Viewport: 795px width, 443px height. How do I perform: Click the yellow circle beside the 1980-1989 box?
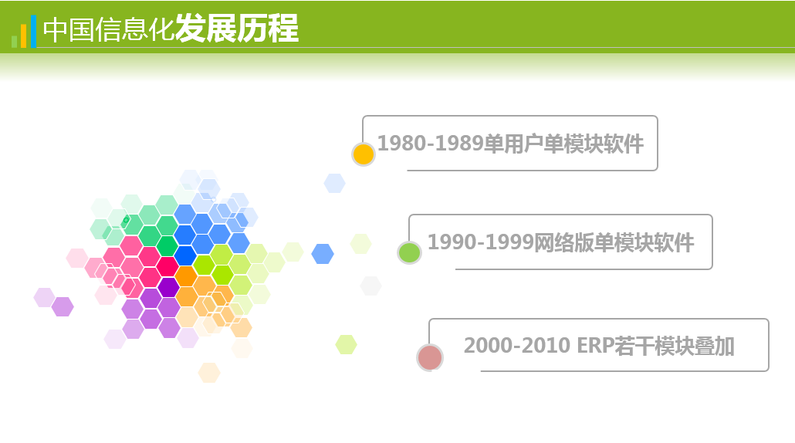pyautogui.click(x=363, y=154)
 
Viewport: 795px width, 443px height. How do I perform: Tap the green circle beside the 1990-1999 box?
pyautogui.click(x=409, y=252)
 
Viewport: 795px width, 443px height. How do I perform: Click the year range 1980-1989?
pyautogui.click(x=431, y=144)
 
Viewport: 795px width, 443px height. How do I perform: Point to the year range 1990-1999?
pyautogui.click(x=481, y=242)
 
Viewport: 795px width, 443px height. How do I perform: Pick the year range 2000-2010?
pyautogui.click(x=517, y=346)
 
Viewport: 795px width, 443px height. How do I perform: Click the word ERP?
pyautogui.click(x=595, y=346)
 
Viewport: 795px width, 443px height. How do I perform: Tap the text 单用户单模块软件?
pyautogui.click(x=563, y=144)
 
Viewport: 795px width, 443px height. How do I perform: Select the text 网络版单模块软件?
pyautogui.click(x=614, y=243)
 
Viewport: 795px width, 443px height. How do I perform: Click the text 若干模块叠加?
pyautogui.click(x=675, y=347)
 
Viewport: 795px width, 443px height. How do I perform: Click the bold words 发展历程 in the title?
pyautogui.click(x=237, y=29)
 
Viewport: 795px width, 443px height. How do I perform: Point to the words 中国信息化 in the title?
pyautogui.click(x=109, y=29)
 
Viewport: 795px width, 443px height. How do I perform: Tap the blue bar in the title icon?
pyautogui.click(x=33, y=32)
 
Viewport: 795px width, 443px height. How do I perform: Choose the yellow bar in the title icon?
pyautogui.click(x=23, y=36)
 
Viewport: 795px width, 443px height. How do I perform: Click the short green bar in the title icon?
pyautogui.click(x=14, y=42)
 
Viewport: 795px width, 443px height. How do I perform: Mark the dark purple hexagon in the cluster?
pyautogui.click(x=168, y=287)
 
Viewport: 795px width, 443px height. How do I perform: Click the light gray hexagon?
pyautogui.click(x=370, y=286)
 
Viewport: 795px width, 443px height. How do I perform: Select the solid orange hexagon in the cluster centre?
pyautogui.click(x=186, y=276)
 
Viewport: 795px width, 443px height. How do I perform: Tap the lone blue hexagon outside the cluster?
pyautogui.click(x=323, y=254)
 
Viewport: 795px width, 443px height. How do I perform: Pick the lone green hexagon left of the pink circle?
pyautogui.click(x=347, y=345)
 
